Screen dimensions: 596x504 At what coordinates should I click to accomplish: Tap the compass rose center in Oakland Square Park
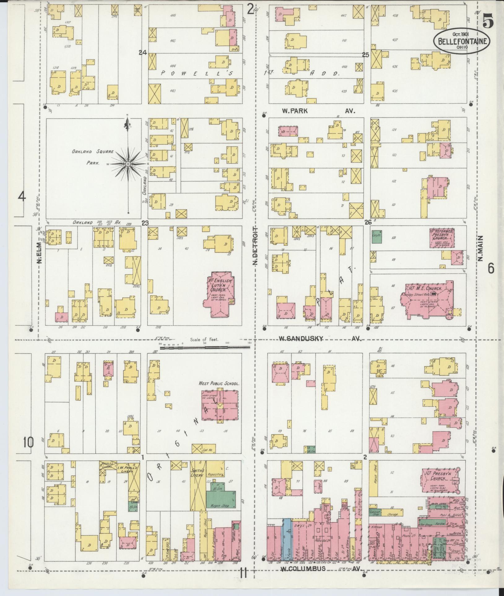coord(128,163)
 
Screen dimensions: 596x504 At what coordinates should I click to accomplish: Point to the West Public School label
coord(219,384)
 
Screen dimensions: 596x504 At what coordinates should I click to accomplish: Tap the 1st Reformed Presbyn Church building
coord(441,238)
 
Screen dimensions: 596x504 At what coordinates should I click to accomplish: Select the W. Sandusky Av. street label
coord(320,339)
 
